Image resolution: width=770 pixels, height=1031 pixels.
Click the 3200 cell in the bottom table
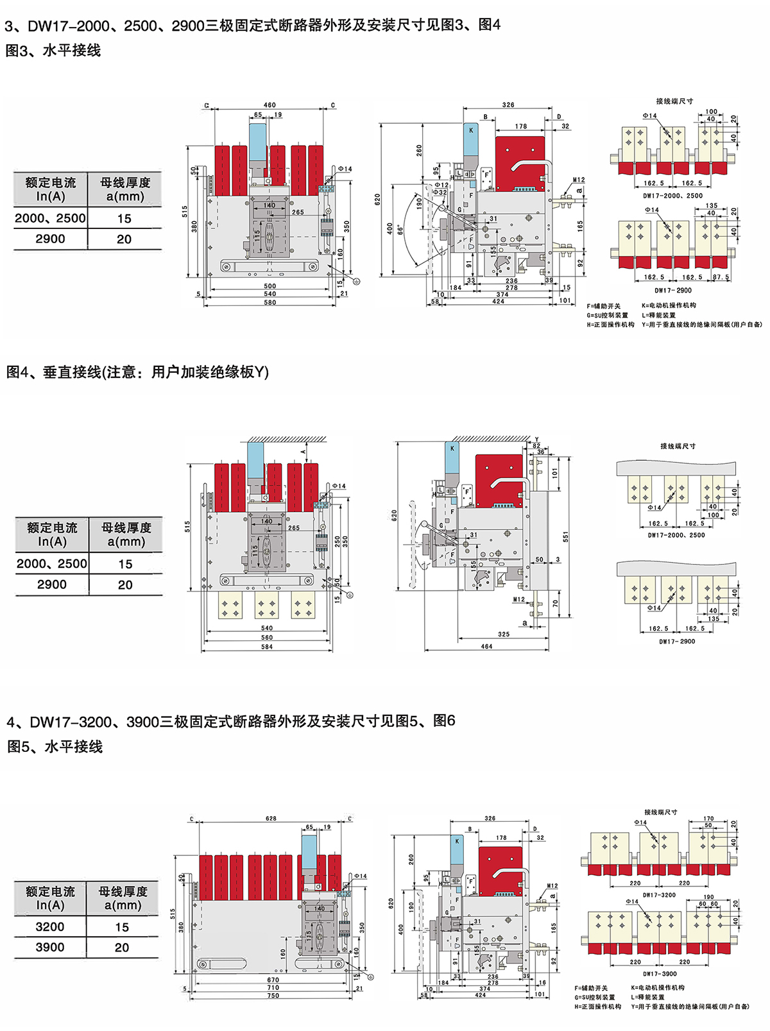(x=50, y=926)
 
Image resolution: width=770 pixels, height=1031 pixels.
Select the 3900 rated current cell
(x=50, y=947)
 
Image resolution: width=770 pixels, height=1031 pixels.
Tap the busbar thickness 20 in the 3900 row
(x=122, y=947)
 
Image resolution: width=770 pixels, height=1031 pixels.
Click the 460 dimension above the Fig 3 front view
(x=269, y=105)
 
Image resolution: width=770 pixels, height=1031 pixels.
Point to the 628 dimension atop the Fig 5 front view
(x=271, y=819)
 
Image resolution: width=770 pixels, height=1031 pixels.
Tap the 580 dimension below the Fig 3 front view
(x=269, y=302)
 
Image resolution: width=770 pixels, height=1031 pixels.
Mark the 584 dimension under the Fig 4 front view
(x=267, y=647)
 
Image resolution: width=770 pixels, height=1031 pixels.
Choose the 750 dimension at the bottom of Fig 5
(x=273, y=996)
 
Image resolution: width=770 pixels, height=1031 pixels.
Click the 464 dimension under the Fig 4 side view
(x=486, y=647)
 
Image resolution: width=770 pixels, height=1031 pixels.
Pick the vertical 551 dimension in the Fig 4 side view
(x=565, y=536)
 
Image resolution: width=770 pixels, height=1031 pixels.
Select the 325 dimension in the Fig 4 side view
(x=504, y=635)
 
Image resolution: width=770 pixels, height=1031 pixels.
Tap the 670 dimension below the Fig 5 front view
(x=273, y=980)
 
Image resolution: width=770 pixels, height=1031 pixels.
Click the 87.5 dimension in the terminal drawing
(x=721, y=278)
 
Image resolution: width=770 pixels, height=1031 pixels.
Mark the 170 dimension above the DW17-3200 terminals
(x=708, y=819)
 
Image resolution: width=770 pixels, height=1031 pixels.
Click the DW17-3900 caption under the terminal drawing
(x=660, y=974)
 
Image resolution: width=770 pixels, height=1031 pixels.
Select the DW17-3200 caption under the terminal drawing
(x=660, y=895)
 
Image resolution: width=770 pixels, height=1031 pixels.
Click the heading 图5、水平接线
(x=55, y=747)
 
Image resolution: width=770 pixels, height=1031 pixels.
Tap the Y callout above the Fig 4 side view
(x=536, y=440)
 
